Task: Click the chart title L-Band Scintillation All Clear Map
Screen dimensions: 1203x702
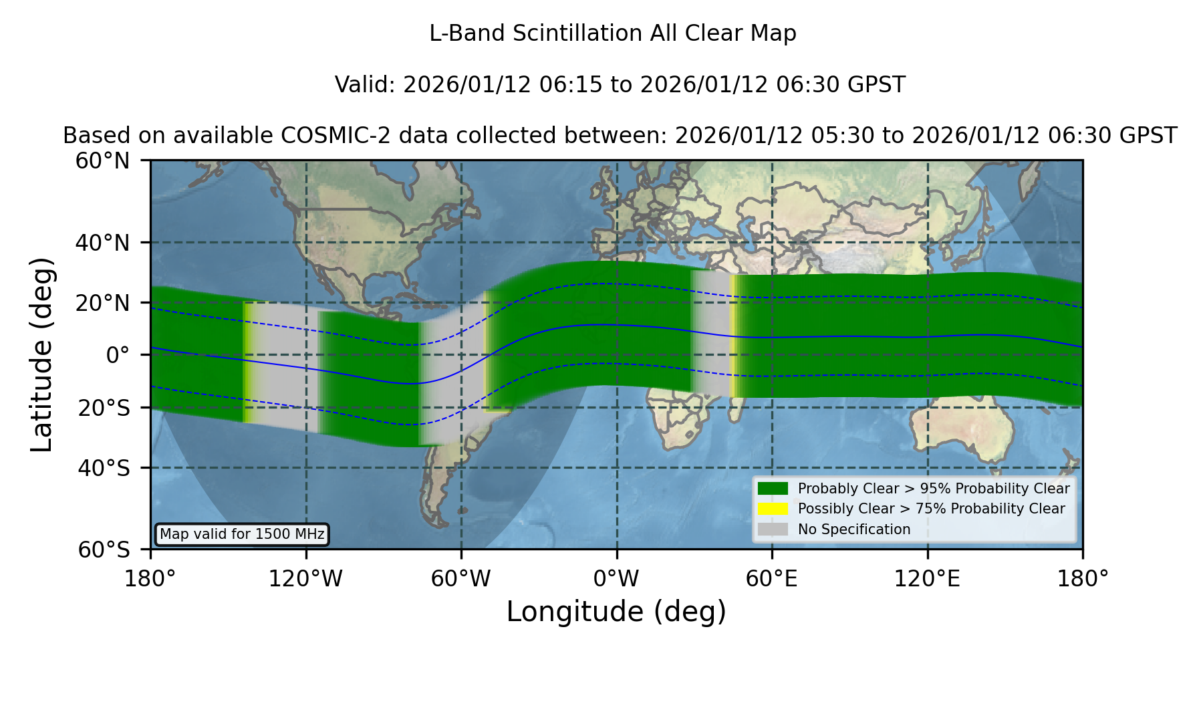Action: (613, 33)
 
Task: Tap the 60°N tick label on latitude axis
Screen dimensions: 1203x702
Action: (103, 161)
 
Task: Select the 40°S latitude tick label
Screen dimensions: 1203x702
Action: (104, 468)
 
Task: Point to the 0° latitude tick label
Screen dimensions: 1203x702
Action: (118, 355)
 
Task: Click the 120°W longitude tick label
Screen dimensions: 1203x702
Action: (305, 579)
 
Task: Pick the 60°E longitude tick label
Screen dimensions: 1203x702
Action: (772, 579)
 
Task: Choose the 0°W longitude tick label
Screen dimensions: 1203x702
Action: (617, 579)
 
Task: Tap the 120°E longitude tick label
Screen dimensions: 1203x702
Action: (928, 579)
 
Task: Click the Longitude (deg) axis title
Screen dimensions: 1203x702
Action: (616, 612)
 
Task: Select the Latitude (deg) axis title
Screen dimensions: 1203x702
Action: (42, 354)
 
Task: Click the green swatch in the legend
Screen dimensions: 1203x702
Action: (773, 489)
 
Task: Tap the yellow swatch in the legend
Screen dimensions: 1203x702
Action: (773, 509)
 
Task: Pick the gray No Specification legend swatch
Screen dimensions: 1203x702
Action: (773, 530)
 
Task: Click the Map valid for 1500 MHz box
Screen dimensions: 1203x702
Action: (243, 534)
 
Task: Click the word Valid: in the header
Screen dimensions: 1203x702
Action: (366, 85)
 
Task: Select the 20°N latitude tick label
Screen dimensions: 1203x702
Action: (103, 303)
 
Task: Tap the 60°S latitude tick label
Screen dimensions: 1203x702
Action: (104, 550)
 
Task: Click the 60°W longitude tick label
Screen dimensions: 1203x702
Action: (461, 579)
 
